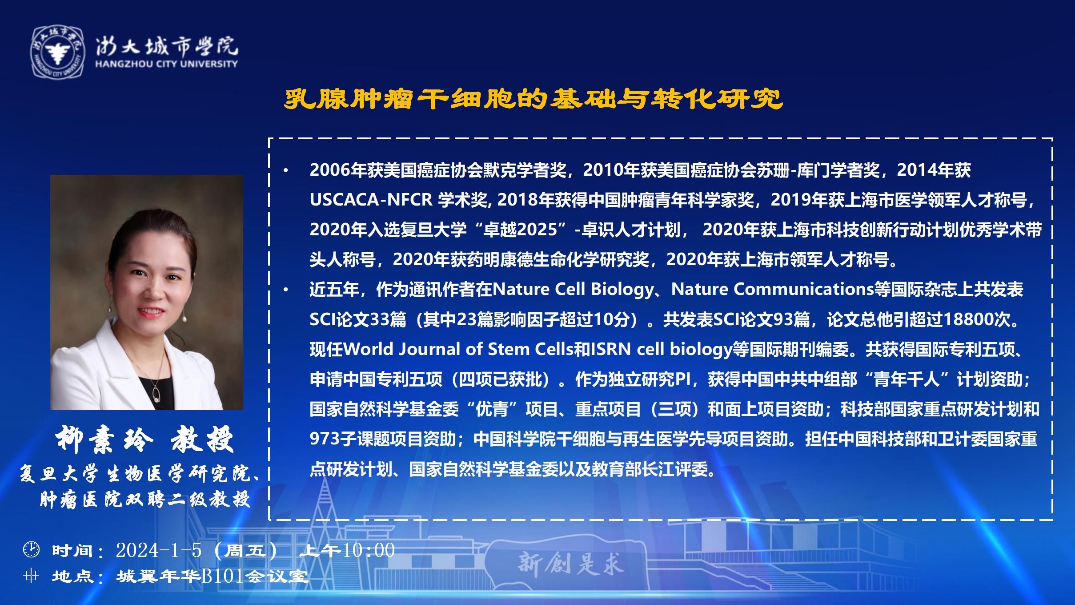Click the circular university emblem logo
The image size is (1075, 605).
pos(58,52)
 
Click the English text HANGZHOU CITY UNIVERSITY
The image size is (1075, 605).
pos(166,64)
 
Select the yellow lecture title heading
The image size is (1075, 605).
pos(533,100)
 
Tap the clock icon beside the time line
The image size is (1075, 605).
pos(31,549)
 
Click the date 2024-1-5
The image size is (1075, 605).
pos(159,550)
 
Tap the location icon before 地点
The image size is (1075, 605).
pos(31,576)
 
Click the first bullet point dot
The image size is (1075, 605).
pos(286,170)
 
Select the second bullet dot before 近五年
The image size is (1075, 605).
pos(286,290)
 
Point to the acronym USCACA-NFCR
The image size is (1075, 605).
pos(371,200)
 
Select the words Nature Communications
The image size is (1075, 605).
pos(773,290)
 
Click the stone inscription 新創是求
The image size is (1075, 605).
pos(571,564)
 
